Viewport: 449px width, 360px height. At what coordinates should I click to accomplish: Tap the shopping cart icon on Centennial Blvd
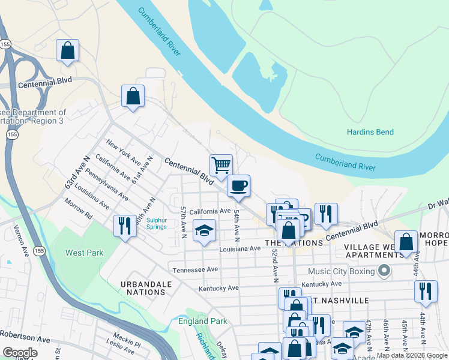[x=221, y=164]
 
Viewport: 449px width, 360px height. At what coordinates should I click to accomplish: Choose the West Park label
[x=84, y=253]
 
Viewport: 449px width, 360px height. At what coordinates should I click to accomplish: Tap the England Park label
[x=203, y=321]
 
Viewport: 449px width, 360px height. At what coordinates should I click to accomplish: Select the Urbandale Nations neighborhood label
[x=142, y=287]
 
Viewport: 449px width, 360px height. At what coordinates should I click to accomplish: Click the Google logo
[x=19, y=353]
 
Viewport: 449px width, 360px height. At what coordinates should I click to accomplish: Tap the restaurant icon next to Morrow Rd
[x=125, y=226]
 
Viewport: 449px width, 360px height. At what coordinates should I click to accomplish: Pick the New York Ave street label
[x=124, y=153]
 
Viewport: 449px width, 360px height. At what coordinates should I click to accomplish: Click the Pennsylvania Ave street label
[x=106, y=185]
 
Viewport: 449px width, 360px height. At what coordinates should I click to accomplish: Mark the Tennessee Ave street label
[x=195, y=270]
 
